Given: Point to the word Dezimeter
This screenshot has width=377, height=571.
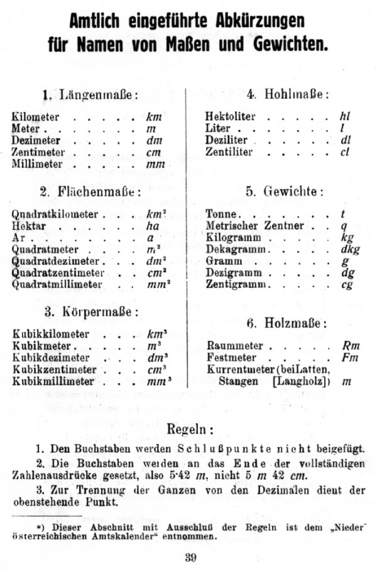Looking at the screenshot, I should (36, 140).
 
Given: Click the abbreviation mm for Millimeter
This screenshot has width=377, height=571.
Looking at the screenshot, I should (155, 164).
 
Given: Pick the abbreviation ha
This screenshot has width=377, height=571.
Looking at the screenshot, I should (153, 226).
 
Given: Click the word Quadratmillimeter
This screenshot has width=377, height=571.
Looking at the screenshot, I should (57, 285).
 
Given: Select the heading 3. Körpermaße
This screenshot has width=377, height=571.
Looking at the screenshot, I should (91, 312).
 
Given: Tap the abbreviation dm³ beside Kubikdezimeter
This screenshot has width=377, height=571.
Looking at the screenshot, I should (156, 358).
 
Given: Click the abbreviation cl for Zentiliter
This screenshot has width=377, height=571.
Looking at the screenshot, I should (344, 152).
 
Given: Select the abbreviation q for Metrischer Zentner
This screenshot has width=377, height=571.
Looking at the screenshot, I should (344, 226).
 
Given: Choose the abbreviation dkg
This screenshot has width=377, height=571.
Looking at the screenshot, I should (347, 250).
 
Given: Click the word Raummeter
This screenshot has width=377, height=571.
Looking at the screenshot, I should (231, 346).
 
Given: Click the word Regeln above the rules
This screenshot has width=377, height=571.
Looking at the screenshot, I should (190, 430).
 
